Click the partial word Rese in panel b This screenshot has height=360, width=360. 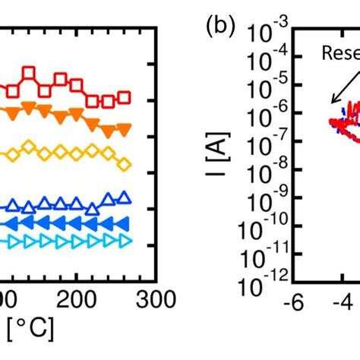339,52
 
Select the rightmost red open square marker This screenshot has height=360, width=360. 125,97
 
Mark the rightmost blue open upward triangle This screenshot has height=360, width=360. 126,197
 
